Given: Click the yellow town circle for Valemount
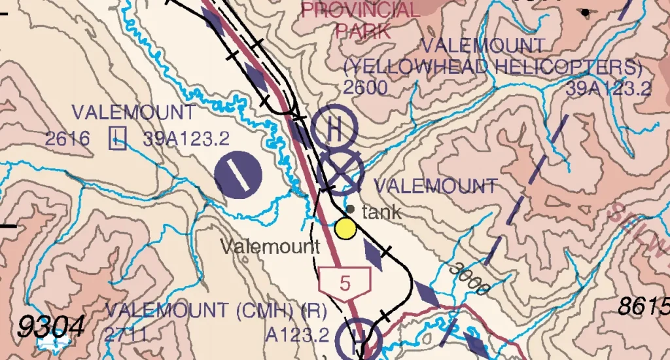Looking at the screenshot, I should pos(345,228).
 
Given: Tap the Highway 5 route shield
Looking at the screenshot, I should pos(345,282).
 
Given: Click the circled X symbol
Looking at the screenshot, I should pos(340,173).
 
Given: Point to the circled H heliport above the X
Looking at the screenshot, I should pos(334,127).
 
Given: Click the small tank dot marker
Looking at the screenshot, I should pos(350,209).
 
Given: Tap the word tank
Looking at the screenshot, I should pos(381,212).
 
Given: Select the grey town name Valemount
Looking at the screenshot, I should pos(270,247).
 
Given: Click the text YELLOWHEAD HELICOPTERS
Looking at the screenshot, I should pos(493,67).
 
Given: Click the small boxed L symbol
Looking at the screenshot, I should pos(118,137).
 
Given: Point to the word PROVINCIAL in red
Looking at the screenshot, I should pos(361,10).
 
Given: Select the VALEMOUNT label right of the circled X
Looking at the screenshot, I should pos(436,185).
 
